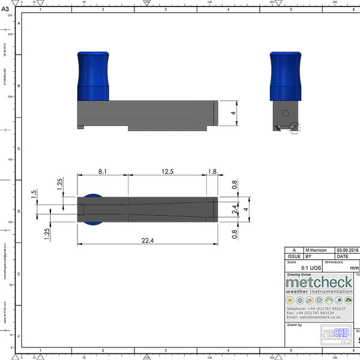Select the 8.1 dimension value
point(103,172)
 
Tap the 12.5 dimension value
point(167,172)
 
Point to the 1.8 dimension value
point(212,172)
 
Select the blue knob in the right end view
point(285,76)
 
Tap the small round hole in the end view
point(285,113)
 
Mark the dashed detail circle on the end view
point(293,128)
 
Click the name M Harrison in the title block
point(317,250)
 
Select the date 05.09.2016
point(347,250)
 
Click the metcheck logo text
point(319,282)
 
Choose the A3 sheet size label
point(5,9)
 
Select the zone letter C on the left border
point(19,149)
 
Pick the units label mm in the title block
point(354,268)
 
